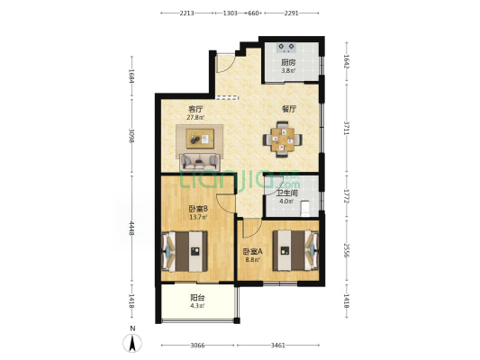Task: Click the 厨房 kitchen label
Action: pyautogui.click(x=288, y=62)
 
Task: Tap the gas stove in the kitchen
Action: pyautogui.click(x=286, y=47)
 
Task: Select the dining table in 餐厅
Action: pyautogui.click(x=282, y=139)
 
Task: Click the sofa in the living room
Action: pyautogui.click(x=200, y=162)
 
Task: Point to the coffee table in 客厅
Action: pyautogui.click(x=200, y=139)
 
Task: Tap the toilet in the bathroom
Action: pyautogui.click(x=305, y=208)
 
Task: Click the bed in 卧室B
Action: pyautogui.click(x=185, y=251)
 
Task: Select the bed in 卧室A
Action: pyautogui.click(x=295, y=250)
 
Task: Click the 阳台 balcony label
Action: pyautogui.click(x=197, y=298)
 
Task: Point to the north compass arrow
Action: pyautogui.click(x=132, y=343)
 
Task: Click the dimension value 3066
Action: pyautogui.click(x=197, y=346)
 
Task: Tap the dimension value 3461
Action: pyautogui.click(x=278, y=346)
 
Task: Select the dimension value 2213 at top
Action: pyautogui.click(x=186, y=13)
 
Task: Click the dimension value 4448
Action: pyautogui.click(x=131, y=229)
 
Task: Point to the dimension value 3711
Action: pyautogui.click(x=346, y=129)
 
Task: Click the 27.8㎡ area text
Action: pyautogui.click(x=195, y=117)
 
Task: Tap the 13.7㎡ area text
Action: pyautogui.click(x=198, y=217)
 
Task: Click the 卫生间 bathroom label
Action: pyautogui.click(x=287, y=193)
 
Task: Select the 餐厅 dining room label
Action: pyautogui.click(x=289, y=109)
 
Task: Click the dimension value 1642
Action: pyautogui.click(x=346, y=62)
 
